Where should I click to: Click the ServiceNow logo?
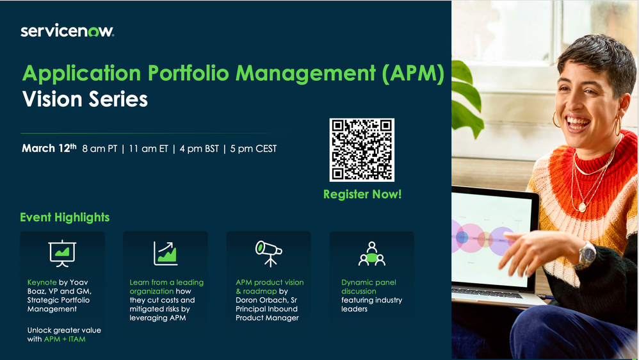(x=67, y=31)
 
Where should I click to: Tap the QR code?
(x=362, y=150)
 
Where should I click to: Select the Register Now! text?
(x=362, y=194)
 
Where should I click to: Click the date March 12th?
(x=49, y=149)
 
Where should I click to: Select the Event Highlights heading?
(x=65, y=218)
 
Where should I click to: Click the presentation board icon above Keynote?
(x=62, y=252)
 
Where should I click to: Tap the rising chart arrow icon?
(x=165, y=252)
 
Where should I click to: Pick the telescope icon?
(x=268, y=252)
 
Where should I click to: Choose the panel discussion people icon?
(x=371, y=253)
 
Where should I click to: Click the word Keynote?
(x=42, y=282)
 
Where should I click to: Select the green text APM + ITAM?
(x=65, y=339)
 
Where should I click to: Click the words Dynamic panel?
(x=369, y=282)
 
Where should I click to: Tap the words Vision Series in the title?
(x=85, y=99)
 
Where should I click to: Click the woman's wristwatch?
(x=585, y=255)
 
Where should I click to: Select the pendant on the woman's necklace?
(x=582, y=206)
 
